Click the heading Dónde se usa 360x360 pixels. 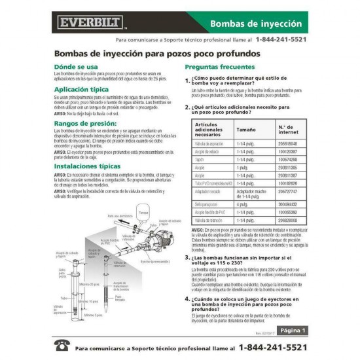tap(76, 66)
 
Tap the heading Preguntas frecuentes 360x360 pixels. tap(219, 67)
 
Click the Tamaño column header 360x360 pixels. tap(246, 130)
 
